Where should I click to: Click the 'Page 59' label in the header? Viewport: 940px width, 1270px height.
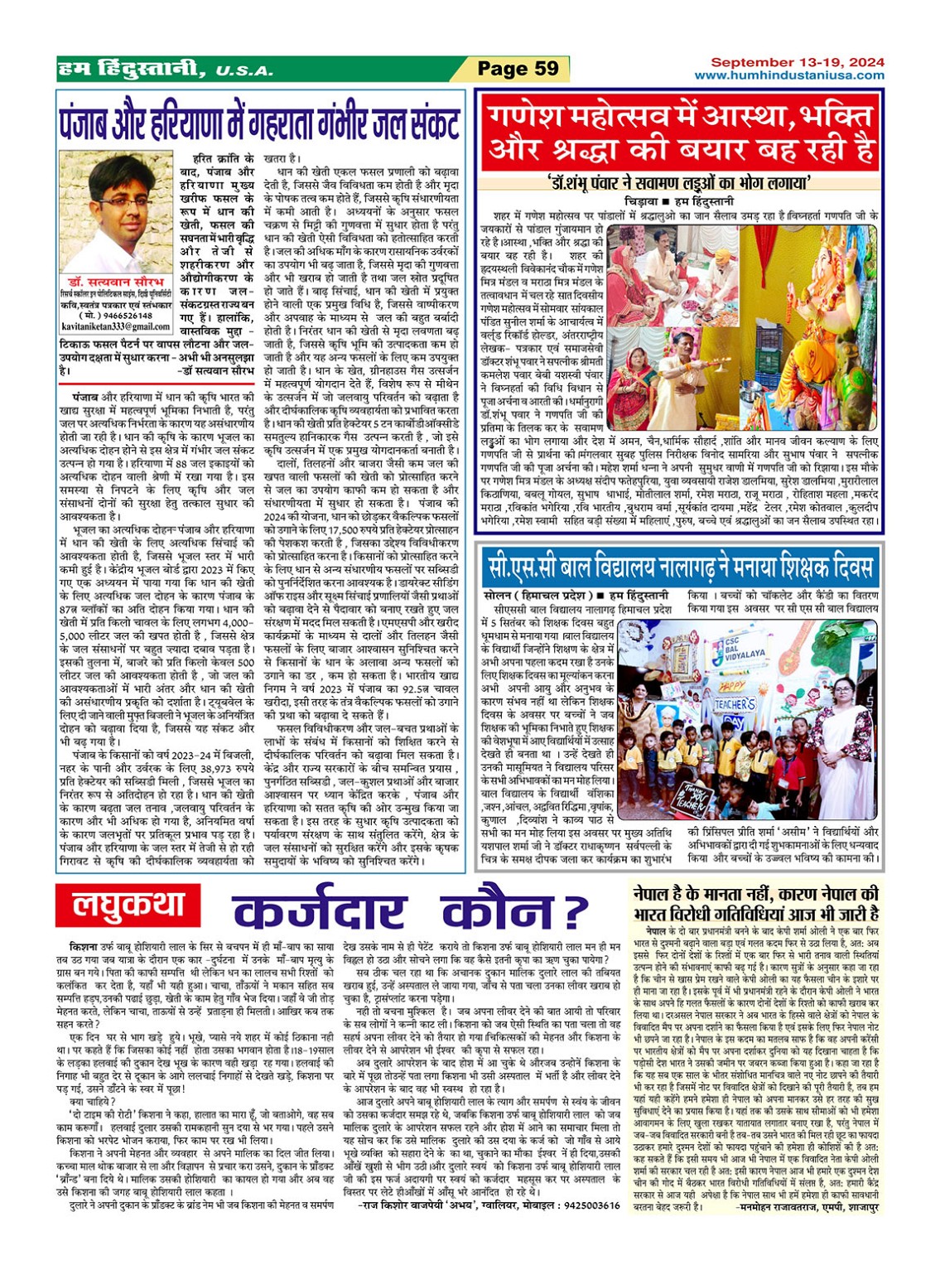coord(518,69)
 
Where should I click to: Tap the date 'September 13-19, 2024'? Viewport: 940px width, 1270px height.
coord(797,62)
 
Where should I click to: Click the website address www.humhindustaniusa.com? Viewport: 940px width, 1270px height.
coord(788,75)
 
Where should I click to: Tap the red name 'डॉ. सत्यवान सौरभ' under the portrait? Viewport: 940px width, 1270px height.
coord(117,282)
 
